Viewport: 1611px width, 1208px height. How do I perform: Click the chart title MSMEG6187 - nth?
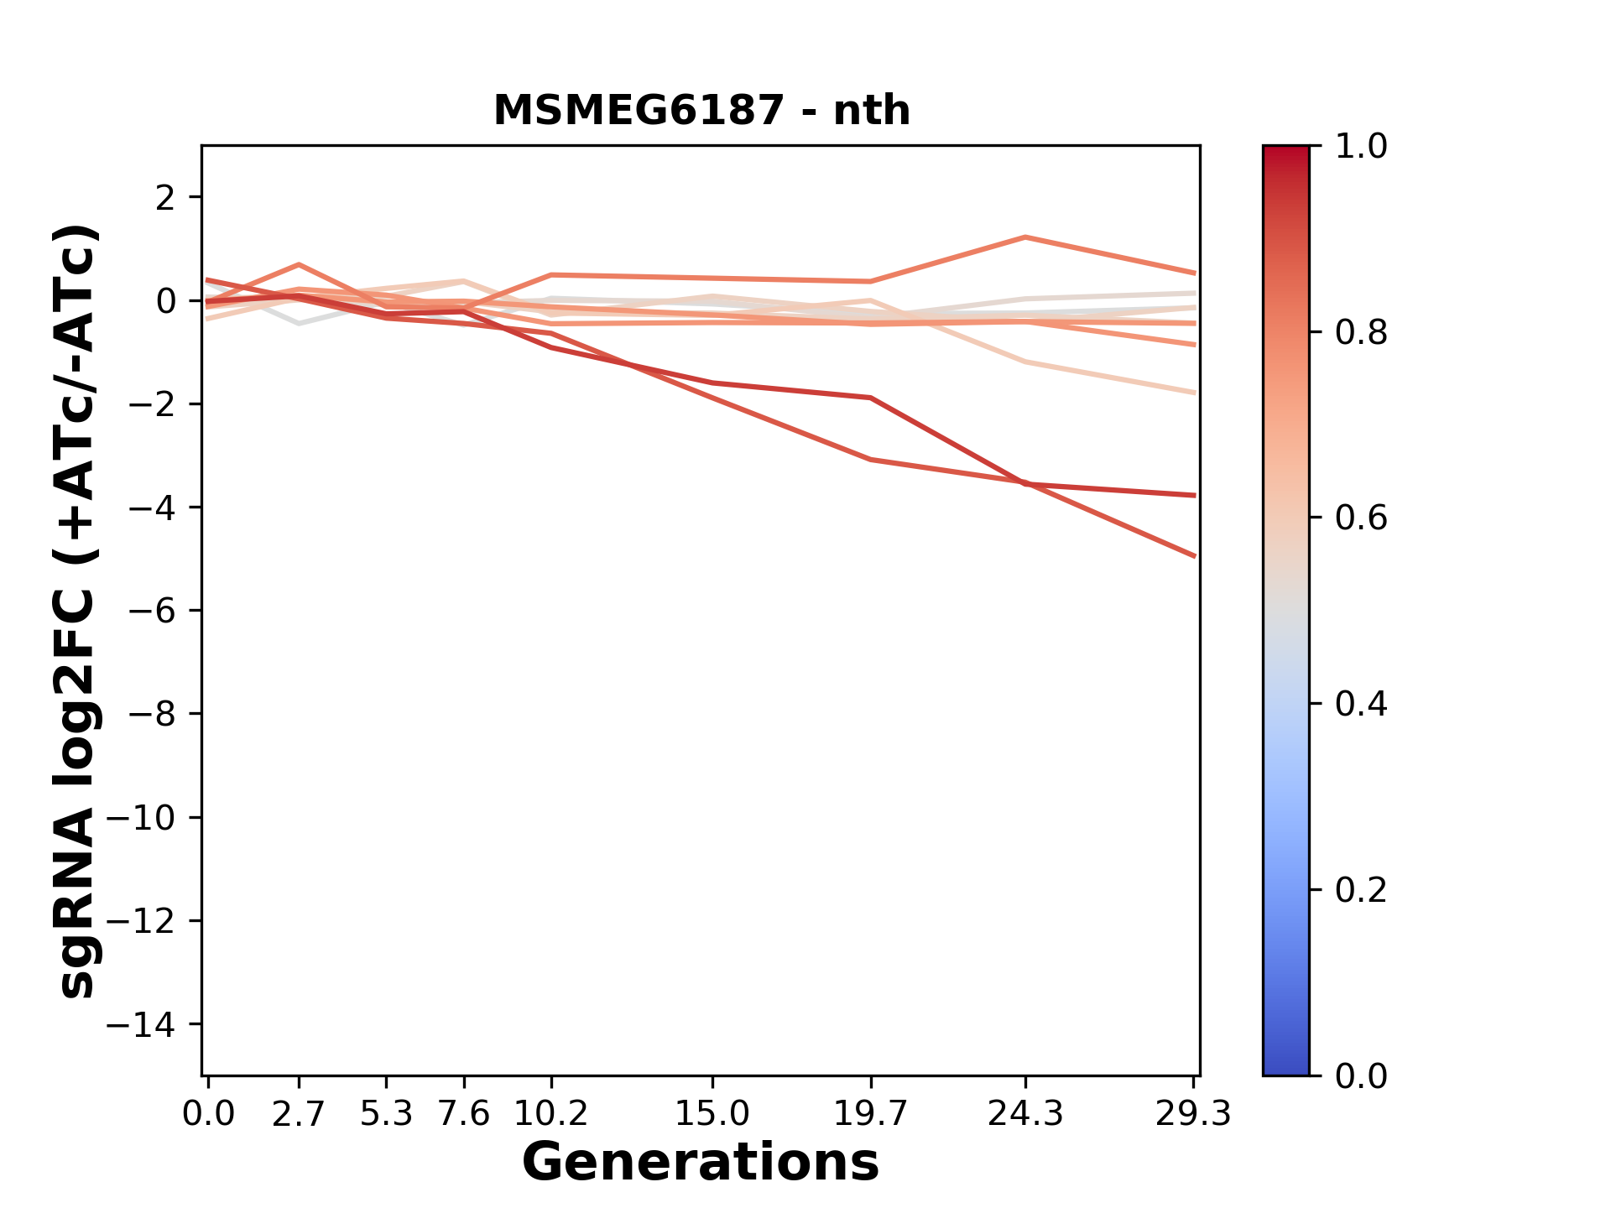[701, 111]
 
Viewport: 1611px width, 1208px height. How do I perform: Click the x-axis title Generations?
[701, 1163]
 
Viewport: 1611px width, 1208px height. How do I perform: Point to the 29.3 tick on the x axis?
[1193, 1114]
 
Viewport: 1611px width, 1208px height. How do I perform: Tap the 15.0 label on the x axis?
[712, 1114]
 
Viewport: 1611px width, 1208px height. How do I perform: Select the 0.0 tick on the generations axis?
[208, 1114]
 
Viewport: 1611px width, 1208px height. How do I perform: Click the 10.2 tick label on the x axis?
[550, 1114]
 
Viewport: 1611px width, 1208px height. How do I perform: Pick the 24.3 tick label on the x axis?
[1024, 1114]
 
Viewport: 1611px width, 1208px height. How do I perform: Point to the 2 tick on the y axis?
[166, 198]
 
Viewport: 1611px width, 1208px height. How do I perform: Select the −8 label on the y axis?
[152, 715]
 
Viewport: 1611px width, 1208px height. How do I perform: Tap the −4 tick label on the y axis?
[152, 508]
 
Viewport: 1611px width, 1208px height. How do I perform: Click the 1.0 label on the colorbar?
[1361, 147]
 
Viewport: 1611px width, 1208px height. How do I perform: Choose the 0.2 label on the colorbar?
[1361, 890]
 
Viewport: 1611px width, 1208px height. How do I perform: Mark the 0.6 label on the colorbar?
[1361, 518]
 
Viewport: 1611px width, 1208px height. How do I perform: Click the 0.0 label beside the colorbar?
[1361, 1076]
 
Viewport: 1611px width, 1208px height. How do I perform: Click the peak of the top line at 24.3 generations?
[1024, 237]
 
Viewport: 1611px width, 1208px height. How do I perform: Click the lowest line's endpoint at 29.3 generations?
[1193, 555]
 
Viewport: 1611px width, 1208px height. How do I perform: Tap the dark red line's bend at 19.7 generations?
[872, 398]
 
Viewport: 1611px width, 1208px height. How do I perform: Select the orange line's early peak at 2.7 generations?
[299, 265]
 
